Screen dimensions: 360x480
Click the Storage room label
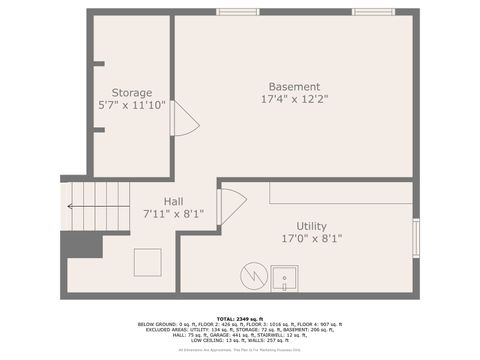(x=132, y=92)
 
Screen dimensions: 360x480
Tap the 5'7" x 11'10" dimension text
(x=132, y=104)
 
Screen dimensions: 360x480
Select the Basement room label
(x=294, y=86)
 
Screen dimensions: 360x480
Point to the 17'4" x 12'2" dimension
(x=294, y=99)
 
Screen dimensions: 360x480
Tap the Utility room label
(x=311, y=226)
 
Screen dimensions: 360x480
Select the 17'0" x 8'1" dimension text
(x=311, y=239)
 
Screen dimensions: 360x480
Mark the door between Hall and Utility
(x=230, y=205)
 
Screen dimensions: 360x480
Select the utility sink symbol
(x=285, y=278)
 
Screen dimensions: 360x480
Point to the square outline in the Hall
(x=148, y=262)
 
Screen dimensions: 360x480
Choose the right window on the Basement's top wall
(x=372, y=12)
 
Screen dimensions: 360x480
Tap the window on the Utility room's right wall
(x=416, y=238)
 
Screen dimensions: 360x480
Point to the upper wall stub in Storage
(x=98, y=64)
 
